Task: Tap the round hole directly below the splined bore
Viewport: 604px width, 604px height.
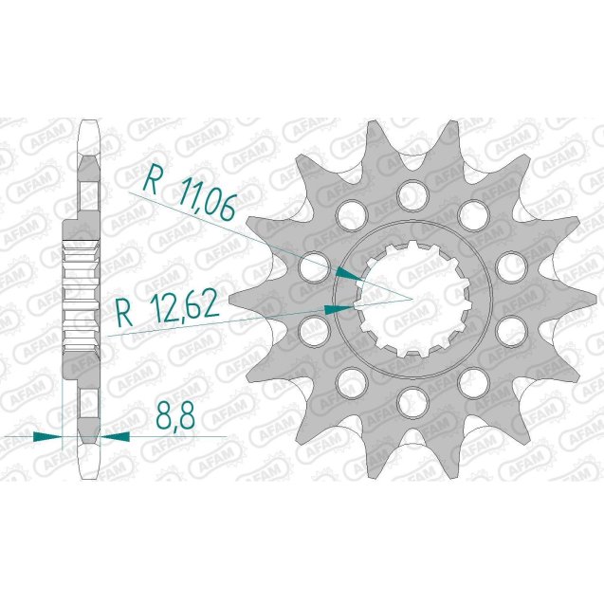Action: click(x=412, y=396)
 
